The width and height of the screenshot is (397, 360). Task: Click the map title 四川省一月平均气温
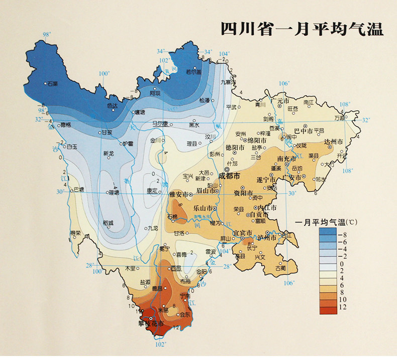302,29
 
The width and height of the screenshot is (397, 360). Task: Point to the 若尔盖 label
193,72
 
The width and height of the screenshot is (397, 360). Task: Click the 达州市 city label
333,142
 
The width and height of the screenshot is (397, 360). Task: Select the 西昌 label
175,269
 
